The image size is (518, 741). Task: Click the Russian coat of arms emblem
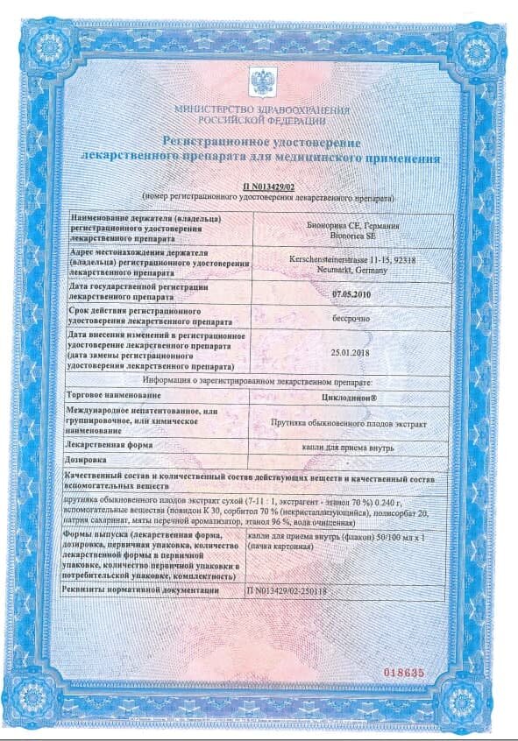(x=260, y=82)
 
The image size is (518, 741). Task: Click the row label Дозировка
(x=86, y=459)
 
